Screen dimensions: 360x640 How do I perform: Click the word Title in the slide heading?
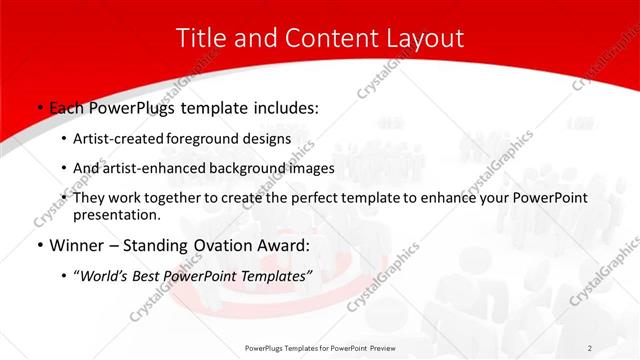click(x=200, y=39)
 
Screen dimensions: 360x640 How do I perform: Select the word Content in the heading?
click(x=321, y=39)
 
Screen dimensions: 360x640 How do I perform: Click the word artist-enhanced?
click(x=156, y=168)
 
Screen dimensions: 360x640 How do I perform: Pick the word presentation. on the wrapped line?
click(x=117, y=214)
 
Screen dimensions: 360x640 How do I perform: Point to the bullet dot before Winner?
click(x=38, y=245)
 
